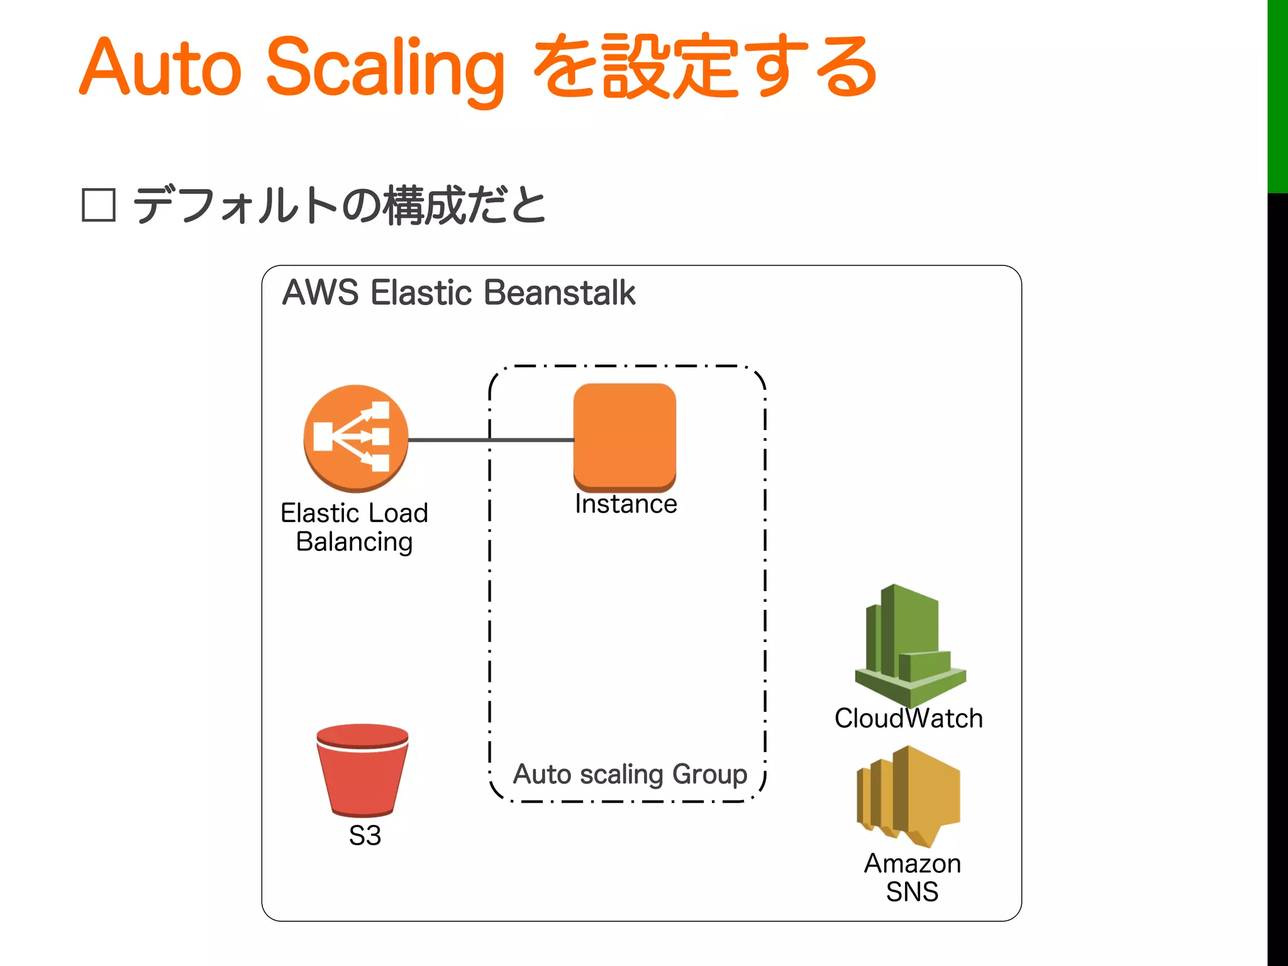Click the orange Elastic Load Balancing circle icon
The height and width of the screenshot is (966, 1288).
(x=355, y=438)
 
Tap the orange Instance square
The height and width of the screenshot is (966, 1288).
(x=625, y=436)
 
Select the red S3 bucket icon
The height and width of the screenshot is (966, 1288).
(x=362, y=770)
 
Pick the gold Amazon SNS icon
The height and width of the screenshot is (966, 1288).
(x=908, y=796)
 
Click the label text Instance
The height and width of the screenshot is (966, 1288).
(x=626, y=504)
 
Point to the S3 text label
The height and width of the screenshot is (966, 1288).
(x=365, y=836)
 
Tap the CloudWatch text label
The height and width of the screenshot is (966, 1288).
(x=908, y=718)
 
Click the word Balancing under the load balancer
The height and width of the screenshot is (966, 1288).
(x=354, y=542)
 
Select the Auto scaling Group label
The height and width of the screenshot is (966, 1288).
(x=630, y=774)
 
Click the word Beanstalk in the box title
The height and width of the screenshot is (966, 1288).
(x=560, y=293)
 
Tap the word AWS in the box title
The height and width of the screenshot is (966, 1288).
(x=321, y=293)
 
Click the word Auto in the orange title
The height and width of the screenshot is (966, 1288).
(x=160, y=68)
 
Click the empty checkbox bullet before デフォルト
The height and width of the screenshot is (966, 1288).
(x=99, y=206)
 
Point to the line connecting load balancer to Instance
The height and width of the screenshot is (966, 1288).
(x=491, y=440)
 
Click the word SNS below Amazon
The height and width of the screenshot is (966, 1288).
(x=912, y=892)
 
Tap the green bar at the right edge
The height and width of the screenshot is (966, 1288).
(x=1277, y=94)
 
